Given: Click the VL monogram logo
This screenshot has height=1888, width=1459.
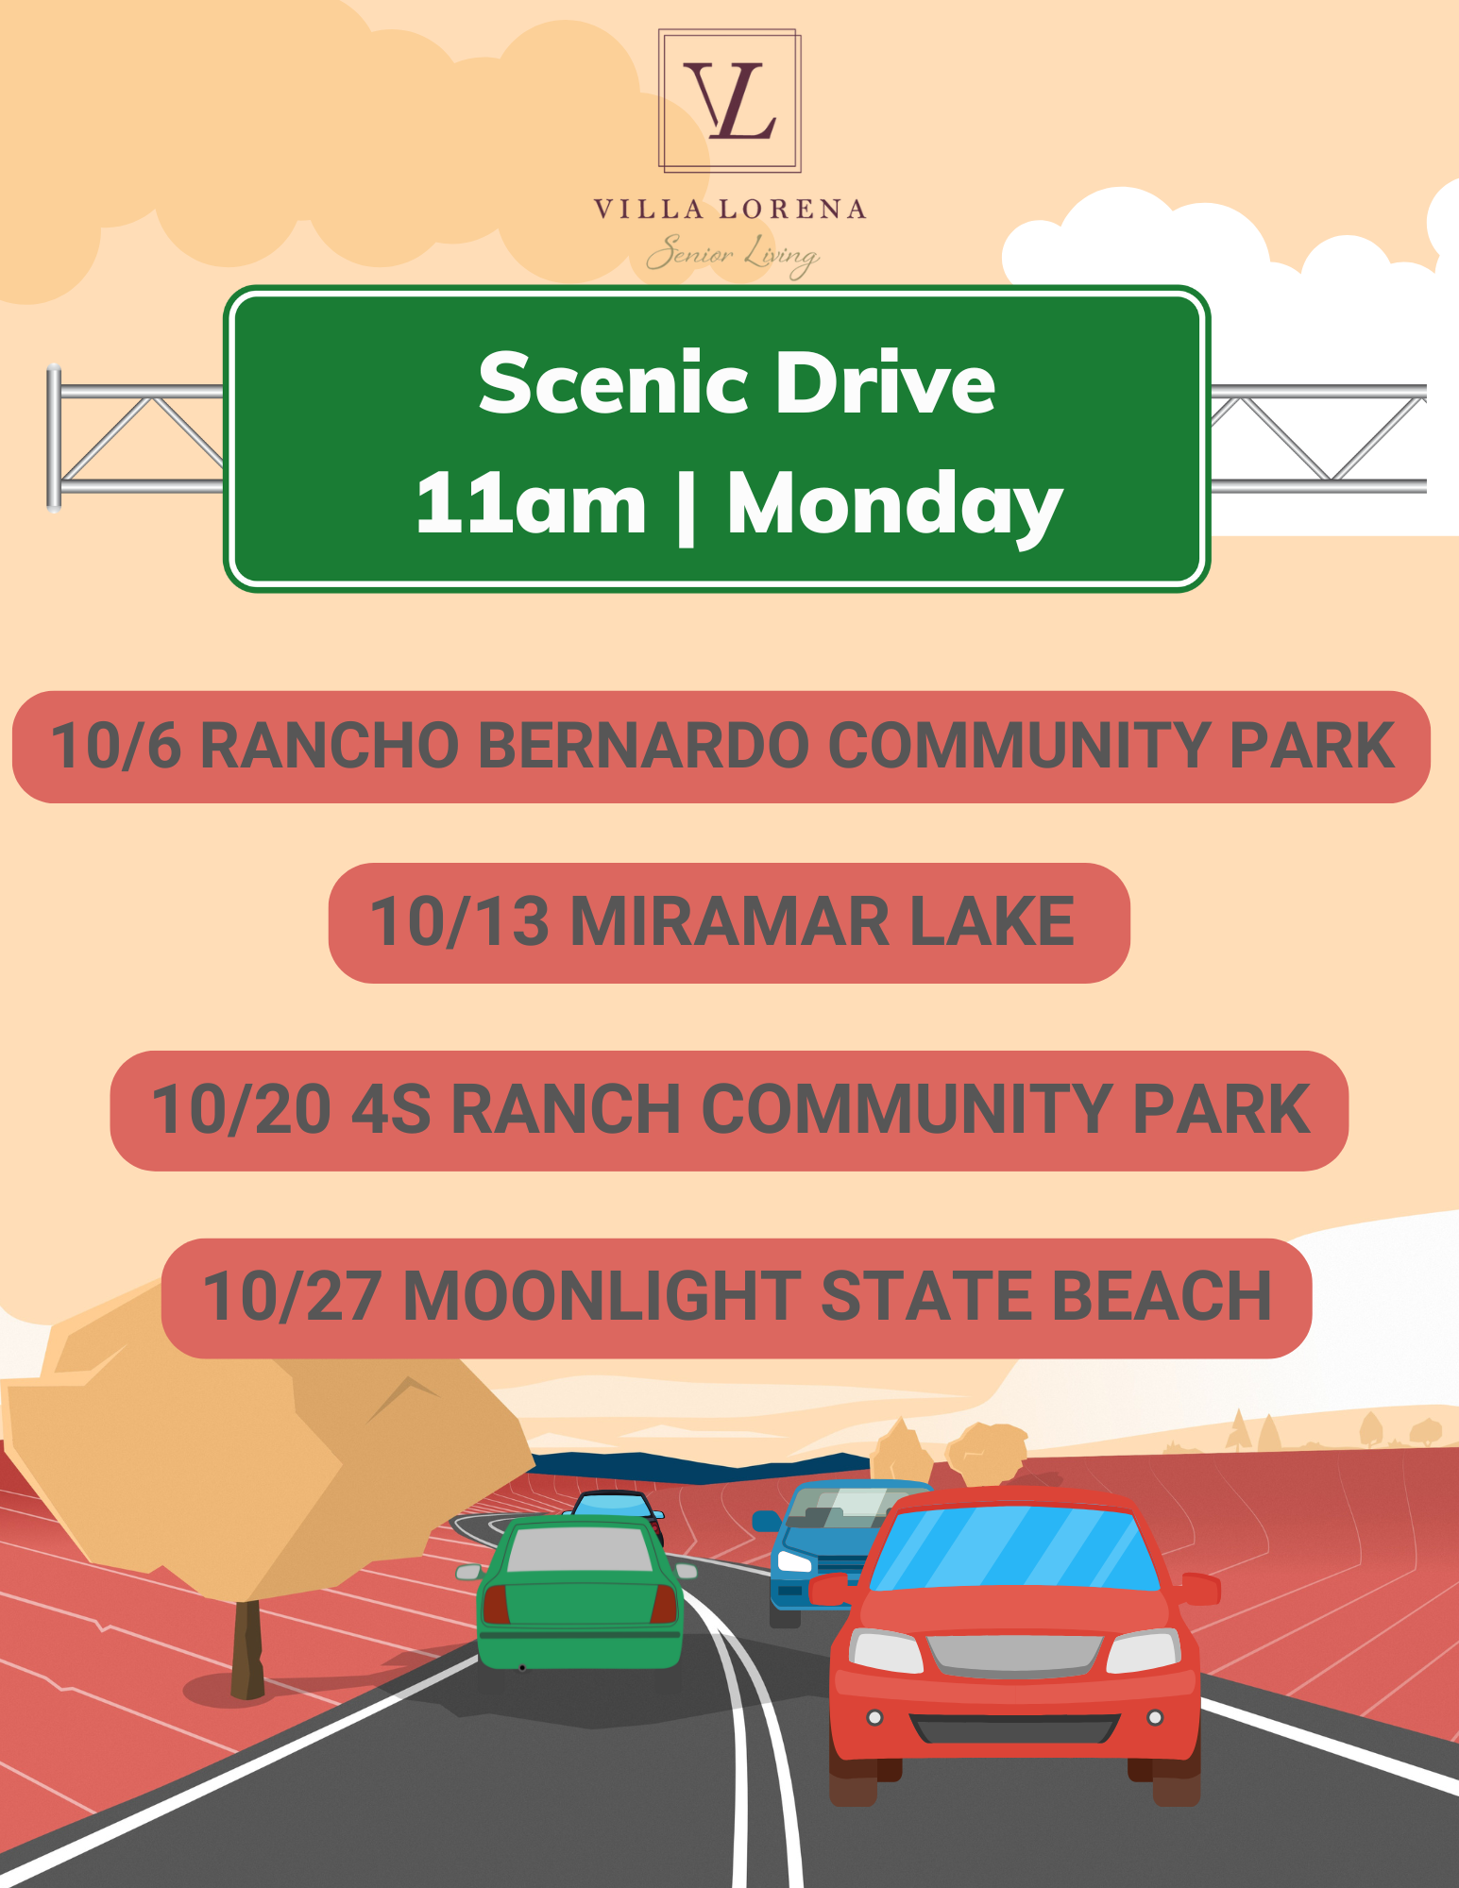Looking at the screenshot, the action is (x=730, y=101).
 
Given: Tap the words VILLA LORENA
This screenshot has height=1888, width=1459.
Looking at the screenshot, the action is (x=730, y=210).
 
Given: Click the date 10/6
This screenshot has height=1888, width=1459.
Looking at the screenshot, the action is (x=115, y=746).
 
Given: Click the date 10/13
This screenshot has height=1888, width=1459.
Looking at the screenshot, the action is (x=459, y=921).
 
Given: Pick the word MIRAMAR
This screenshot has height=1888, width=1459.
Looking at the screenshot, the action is (x=729, y=921).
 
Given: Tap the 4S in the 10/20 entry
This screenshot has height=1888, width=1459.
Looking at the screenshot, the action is (x=391, y=1109).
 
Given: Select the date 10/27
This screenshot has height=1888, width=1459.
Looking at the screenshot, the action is (x=293, y=1296).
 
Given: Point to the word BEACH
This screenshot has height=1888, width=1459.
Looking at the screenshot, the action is (x=1162, y=1296).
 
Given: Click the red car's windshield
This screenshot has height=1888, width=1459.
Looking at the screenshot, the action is (x=1013, y=1547).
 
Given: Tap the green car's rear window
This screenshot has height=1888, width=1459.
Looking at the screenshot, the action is (x=579, y=1549).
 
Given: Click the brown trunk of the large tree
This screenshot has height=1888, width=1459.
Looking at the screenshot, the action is (x=247, y=1649).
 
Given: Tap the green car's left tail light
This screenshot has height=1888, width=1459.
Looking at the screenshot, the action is (x=496, y=1604).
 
